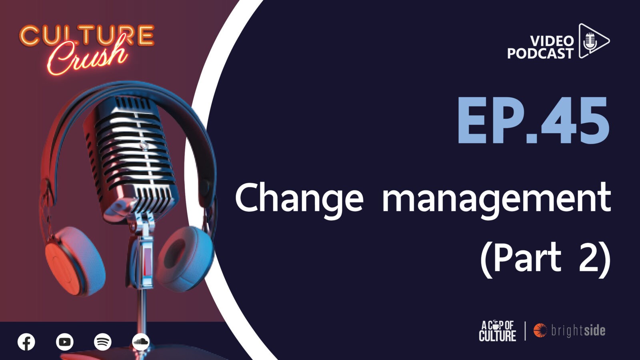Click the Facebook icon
[26, 342]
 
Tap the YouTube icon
[65, 342]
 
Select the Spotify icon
[103, 342]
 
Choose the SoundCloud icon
[141, 342]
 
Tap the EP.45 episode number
[533, 120]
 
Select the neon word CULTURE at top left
[87, 36]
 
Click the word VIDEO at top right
[552, 41]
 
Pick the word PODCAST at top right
[540, 54]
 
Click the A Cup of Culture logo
[498, 331]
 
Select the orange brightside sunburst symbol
[540, 330]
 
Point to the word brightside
[578, 330]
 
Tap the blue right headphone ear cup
[186, 259]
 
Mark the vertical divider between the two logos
[525, 331]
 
